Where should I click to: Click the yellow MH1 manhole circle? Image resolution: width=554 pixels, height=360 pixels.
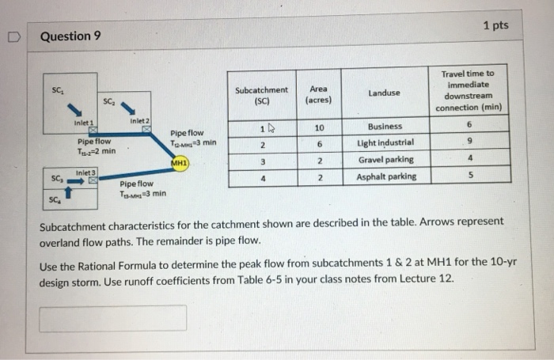(178, 164)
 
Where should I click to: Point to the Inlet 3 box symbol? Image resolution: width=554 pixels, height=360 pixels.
(93, 180)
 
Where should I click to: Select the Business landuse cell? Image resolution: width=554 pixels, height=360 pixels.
(385, 127)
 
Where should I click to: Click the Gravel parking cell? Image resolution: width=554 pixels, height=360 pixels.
(385, 160)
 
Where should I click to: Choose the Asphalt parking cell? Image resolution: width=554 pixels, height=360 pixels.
(385, 176)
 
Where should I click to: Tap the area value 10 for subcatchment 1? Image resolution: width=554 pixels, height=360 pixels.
(319, 127)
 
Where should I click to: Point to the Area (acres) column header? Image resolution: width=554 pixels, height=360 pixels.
(319, 95)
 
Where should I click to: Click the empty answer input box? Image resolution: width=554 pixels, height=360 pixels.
(113, 318)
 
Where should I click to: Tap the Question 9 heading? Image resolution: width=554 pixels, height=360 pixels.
(70, 36)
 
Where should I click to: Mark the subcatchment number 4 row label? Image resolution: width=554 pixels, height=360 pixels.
(260, 176)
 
